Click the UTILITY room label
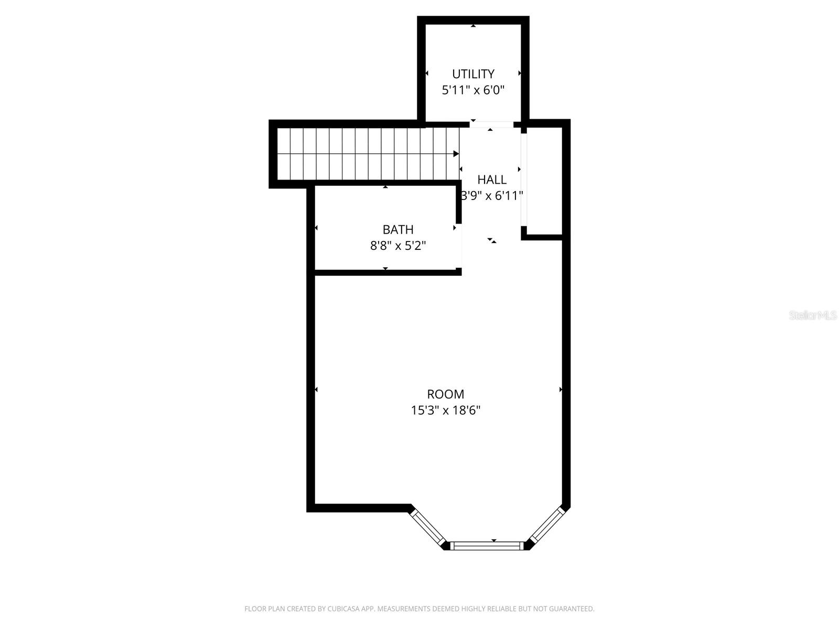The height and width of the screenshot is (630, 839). coord(473,74)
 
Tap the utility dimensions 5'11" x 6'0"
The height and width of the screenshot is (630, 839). coord(473,90)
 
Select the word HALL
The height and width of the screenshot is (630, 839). coord(492,180)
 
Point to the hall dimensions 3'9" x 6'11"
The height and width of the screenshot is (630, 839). coord(492,196)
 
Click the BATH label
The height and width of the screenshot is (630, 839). coord(398,229)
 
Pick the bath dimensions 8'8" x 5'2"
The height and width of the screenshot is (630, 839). coord(398,246)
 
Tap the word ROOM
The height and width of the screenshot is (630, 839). coord(445,394)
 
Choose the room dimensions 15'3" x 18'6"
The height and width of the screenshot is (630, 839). coord(445,411)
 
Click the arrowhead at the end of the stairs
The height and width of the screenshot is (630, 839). coord(456,154)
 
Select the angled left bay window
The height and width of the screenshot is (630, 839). coord(427,527)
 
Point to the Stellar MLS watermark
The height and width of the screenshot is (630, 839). coord(813,316)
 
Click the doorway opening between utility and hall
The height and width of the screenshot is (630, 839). coord(491,125)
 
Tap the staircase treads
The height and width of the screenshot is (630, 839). coord(367,154)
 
